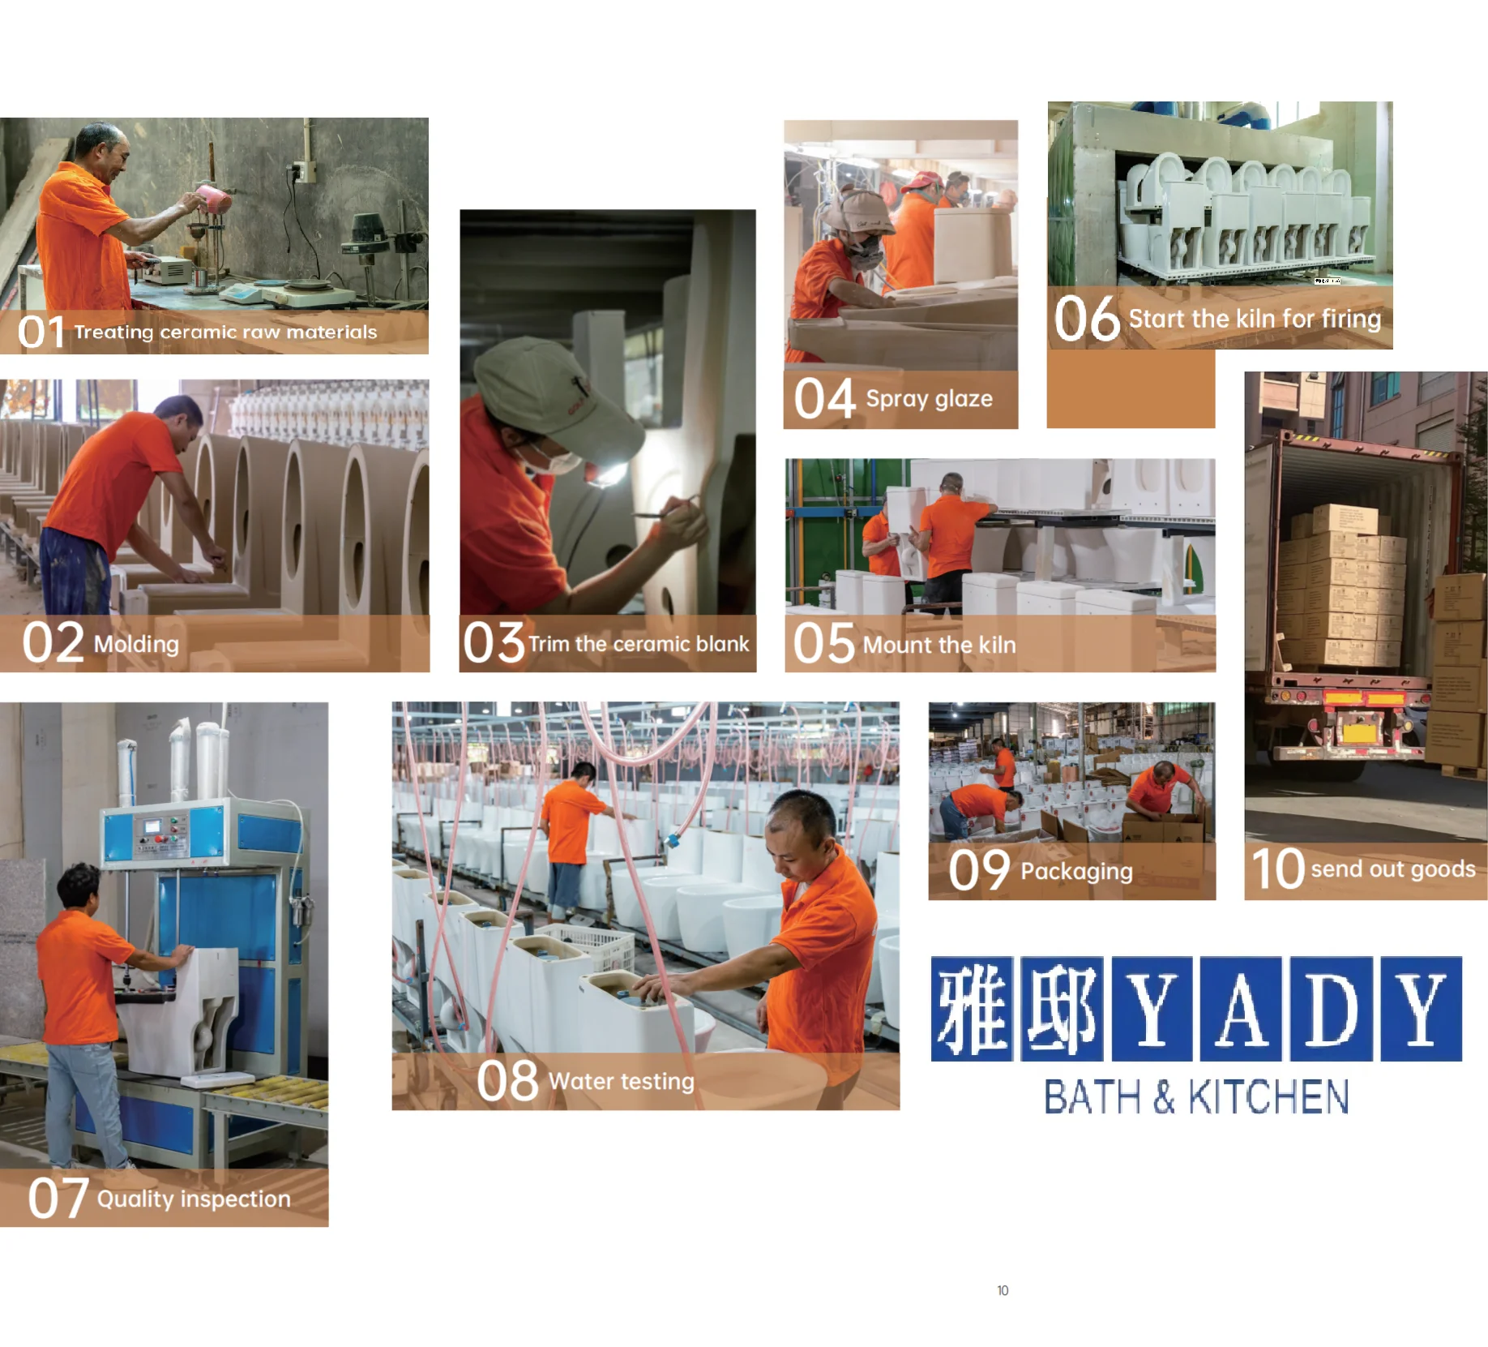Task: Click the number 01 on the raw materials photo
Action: coord(41,332)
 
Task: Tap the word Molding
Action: coord(136,645)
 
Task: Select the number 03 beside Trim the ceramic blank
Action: coord(494,643)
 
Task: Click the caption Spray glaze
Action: coord(929,399)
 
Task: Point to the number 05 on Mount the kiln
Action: coord(823,644)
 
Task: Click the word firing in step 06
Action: coord(1351,319)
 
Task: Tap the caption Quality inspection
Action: coord(194,1199)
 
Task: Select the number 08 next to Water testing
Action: coord(507,1080)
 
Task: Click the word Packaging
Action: coord(1076,872)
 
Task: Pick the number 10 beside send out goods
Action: coord(1277,869)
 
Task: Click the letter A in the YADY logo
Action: coord(1241,1009)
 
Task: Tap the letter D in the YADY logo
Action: coord(1332,1009)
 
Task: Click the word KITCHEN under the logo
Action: coord(1268,1097)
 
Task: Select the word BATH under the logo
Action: coord(1092,1097)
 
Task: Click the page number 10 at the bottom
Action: coord(1003,1290)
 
